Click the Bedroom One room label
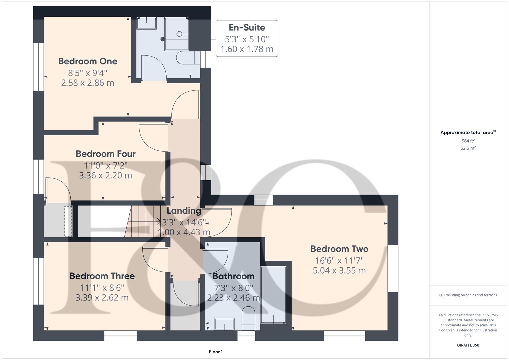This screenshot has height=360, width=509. (x=88, y=61)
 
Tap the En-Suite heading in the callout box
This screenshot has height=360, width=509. (x=247, y=28)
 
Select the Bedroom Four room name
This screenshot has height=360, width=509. (x=105, y=154)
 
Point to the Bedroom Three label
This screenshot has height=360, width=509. (x=102, y=276)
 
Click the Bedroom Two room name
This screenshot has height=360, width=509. (x=339, y=249)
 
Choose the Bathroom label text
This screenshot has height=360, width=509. (x=233, y=276)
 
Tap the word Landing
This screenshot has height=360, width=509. (x=184, y=211)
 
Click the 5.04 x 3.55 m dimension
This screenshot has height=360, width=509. (x=339, y=270)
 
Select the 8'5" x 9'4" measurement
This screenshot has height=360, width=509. (x=88, y=73)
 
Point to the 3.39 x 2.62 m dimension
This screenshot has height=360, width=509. (x=102, y=298)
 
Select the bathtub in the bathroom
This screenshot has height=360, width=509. (x=273, y=295)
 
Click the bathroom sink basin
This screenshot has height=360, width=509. (x=224, y=324)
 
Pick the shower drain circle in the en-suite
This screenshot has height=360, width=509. (x=179, y=34)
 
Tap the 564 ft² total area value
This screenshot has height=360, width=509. (x=468, y=141)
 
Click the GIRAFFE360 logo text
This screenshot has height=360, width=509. (x=468, y=345)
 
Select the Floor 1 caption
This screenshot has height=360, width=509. (x=216, y=352)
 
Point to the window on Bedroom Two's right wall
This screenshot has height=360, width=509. (x=393, y=268)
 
